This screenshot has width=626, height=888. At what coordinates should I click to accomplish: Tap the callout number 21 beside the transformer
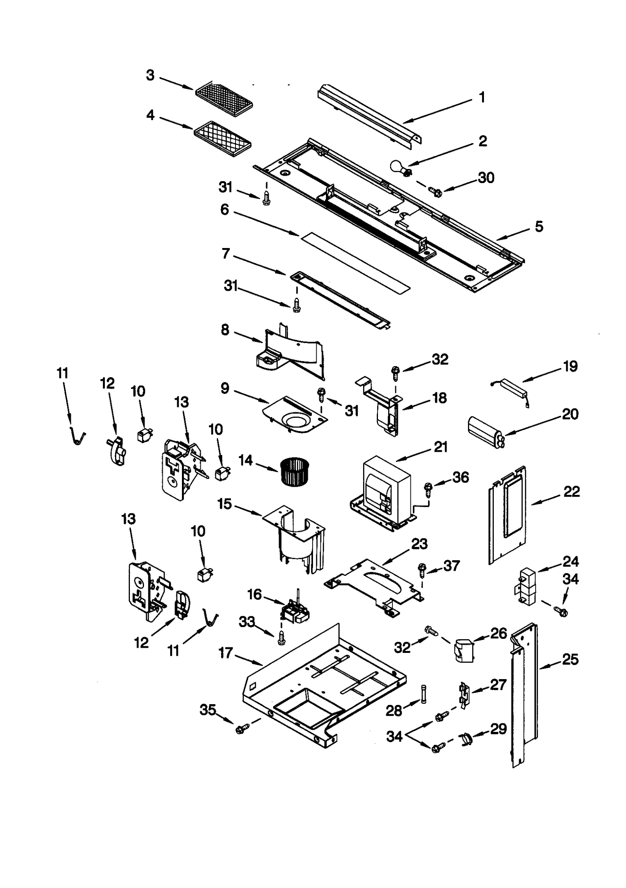(441, 447)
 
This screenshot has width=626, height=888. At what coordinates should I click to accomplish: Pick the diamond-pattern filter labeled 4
(223, 138)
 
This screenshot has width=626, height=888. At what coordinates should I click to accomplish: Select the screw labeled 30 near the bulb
(435, 191)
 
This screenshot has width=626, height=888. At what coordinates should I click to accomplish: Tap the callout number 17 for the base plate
(226, 653)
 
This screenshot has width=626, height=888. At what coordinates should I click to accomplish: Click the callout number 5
(539, 226)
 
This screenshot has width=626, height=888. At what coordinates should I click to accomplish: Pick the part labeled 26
(463, 650)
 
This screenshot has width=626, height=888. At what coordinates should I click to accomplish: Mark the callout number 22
(571, 491)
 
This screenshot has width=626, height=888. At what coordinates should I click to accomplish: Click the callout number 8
(225, 330)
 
